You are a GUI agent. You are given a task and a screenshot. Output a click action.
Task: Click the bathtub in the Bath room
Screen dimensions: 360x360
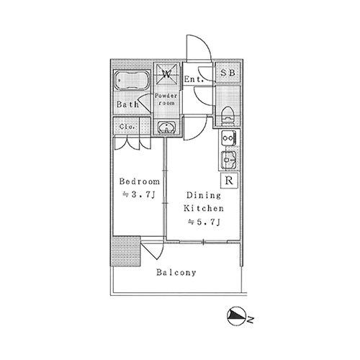(132, 80)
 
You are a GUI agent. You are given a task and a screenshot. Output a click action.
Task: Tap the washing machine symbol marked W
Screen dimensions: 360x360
(167, 73)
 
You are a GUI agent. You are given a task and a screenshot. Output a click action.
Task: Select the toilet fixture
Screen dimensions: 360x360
(227, 117)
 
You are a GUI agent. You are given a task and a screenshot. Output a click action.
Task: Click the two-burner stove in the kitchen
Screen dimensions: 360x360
(228, 138)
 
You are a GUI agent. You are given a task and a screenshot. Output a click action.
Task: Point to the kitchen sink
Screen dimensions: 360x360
(228, 160)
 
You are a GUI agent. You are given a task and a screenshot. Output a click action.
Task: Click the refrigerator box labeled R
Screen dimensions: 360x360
(229, 180)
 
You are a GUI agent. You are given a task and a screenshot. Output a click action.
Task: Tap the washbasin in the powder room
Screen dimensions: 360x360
(166, 127)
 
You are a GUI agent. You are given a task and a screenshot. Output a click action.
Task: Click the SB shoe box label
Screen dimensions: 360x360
(228, 73)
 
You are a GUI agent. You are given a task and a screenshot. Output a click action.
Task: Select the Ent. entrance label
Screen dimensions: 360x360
(194, 79)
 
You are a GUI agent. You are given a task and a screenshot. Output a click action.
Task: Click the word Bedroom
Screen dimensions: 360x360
(140, 181)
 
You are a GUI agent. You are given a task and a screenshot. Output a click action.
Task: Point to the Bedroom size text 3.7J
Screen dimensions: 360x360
(140, 194)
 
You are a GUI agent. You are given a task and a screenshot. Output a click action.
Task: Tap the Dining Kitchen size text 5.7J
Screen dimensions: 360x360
(204, 222)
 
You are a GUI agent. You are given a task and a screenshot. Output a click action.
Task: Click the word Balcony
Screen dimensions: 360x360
(176, 272)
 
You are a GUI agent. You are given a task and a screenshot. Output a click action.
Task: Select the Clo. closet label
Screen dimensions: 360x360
(127, 127)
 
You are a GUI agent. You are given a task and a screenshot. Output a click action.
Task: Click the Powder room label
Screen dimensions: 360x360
(166, 99)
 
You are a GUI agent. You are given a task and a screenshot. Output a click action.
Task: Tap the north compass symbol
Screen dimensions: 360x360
(236, 316)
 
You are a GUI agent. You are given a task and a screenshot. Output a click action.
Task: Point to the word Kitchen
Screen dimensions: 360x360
(204, 208)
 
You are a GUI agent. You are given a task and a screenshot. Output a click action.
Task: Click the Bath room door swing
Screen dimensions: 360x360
(145, 103)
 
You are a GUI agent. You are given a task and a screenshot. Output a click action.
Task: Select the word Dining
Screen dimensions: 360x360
(204, 195)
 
